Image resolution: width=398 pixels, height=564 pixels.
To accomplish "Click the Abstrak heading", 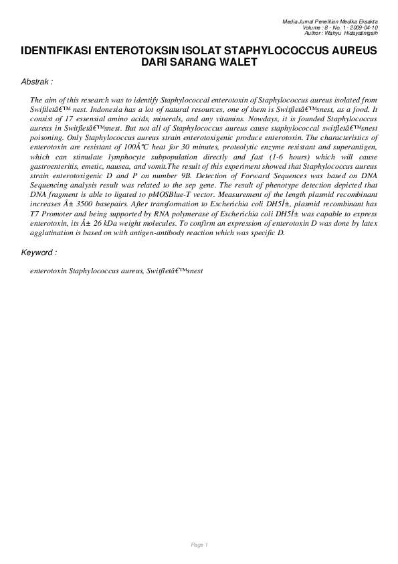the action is pos(36,82).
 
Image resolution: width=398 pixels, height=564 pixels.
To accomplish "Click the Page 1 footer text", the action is pos(199,545).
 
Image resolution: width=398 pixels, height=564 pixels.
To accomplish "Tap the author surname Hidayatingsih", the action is pos(362,33).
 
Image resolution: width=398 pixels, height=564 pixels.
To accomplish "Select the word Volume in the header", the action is pos(314,27).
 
